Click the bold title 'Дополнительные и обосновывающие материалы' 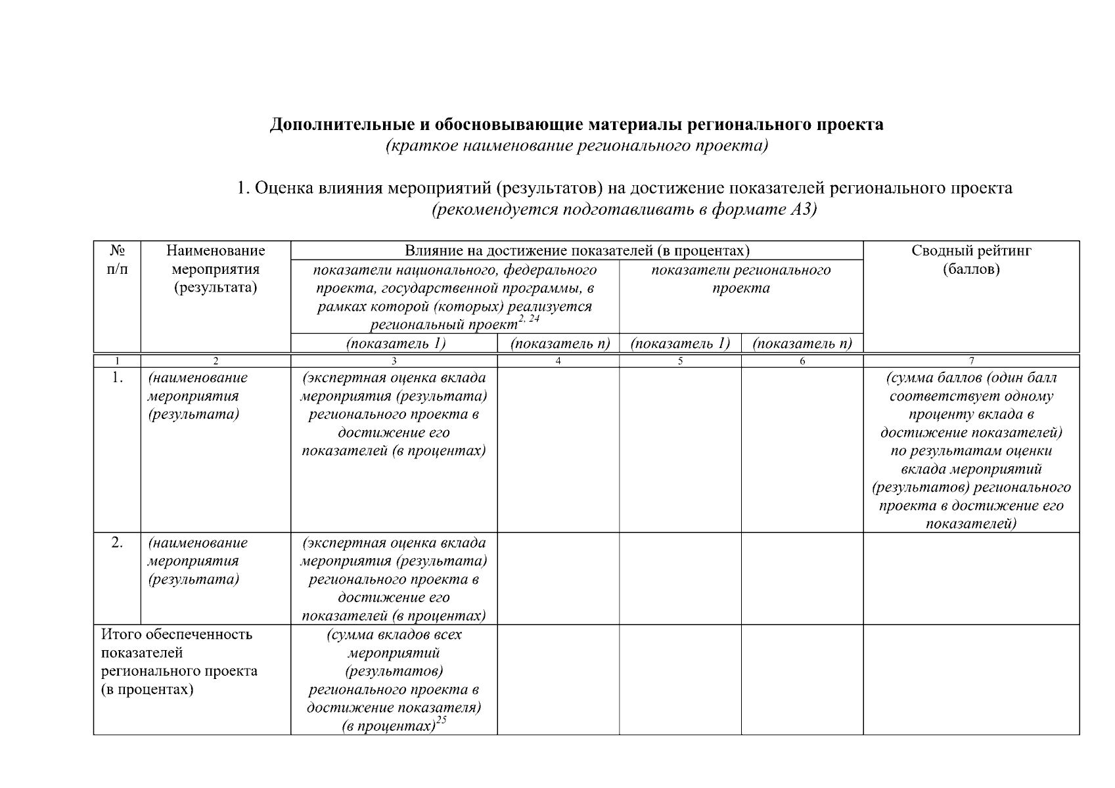click(576, 125)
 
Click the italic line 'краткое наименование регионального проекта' click(576, 146)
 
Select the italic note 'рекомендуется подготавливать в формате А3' click(624, 210)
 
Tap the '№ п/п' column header click(117, 260)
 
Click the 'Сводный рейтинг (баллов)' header click(970, 260)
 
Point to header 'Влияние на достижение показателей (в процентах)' click(576, 251)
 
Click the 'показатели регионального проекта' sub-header click(740, 279)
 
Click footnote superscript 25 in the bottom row click(441, 721)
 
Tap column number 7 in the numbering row click(970, 361)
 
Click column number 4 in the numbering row click(557, 361)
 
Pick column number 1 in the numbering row click(117, 361)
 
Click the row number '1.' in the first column click(117, 378)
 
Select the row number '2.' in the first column click(117, 542)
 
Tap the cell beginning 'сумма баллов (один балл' click(970, 450)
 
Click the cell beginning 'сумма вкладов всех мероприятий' click(393, 680)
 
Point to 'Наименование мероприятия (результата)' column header click(216, 269)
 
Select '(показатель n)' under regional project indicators click(802, 343)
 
